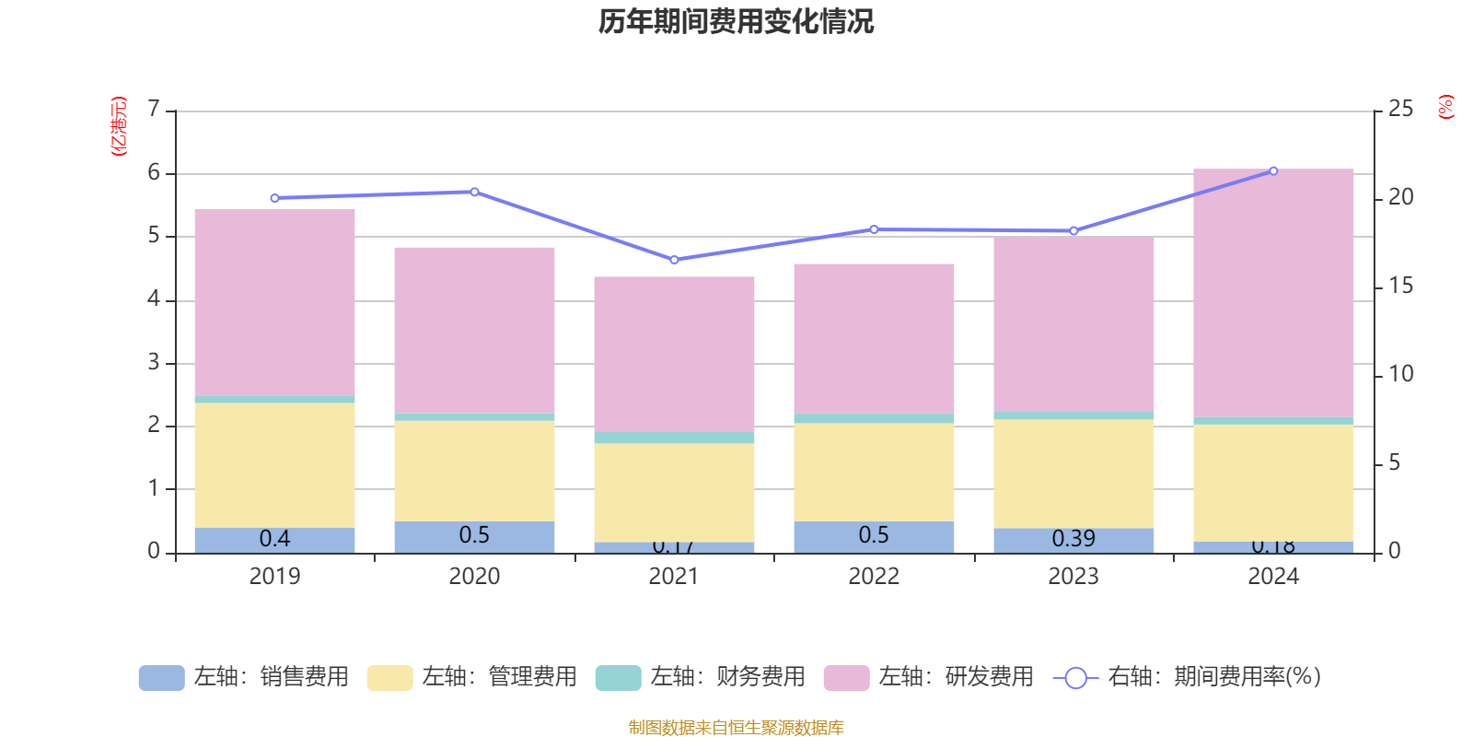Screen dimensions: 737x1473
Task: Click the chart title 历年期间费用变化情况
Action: coord(736,21)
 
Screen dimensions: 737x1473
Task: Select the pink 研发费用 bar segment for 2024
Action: coord(1273,293)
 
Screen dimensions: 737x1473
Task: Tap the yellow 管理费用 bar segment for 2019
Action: coord(274,465)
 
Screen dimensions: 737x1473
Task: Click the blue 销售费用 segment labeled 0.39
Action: coord(1073,540)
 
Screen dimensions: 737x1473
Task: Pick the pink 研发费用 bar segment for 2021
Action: coord(674,354)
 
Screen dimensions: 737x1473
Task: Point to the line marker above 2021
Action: coord(674,260)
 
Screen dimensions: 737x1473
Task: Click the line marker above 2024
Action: coord(1273,170)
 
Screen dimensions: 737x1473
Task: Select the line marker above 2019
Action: coord(274,198)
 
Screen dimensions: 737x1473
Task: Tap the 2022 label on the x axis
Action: coord(874,577)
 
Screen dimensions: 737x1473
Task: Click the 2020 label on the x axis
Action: coord(474,577)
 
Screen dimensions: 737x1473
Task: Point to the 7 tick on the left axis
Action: coord(154,110)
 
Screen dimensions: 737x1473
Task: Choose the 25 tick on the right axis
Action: coord(1400,110)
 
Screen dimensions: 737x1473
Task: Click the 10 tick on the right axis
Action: coord(1400,374)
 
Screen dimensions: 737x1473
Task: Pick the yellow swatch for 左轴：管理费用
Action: coord(389,678)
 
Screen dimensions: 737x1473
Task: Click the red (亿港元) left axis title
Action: coord(118,126)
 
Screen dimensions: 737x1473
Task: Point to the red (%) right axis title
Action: coord(1445,107)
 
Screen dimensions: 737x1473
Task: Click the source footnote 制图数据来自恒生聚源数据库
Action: coord(736,728)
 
